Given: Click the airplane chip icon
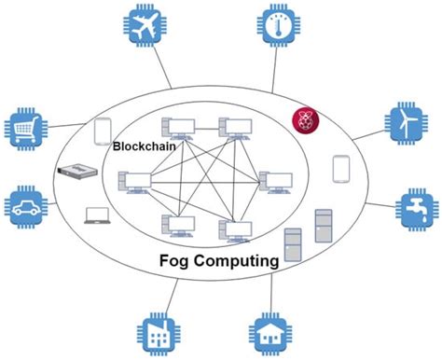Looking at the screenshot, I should tap(146, 29).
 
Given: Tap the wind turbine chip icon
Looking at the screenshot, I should tap(408, 123).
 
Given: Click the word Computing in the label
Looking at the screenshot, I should tap(233, 262).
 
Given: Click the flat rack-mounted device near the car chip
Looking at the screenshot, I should tap(77, 172).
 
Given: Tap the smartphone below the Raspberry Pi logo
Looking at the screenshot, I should tap(340, 168).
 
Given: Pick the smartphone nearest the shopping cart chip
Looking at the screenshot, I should tap(103, 133).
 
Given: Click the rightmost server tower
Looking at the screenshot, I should tap(323, 225).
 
